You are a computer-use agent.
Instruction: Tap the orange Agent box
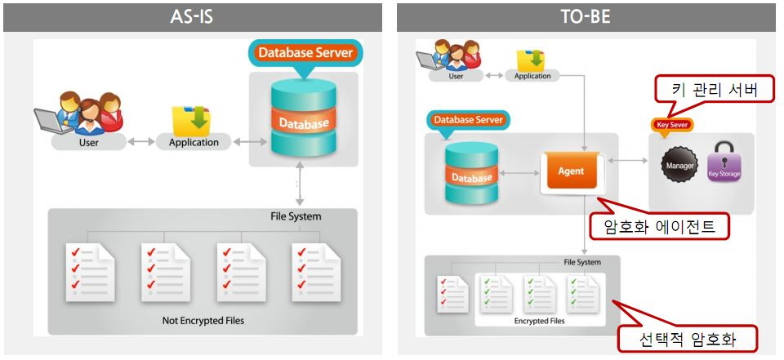coord(571,172)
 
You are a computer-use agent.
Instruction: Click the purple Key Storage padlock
coord(723,160)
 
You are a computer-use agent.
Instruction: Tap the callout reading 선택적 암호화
coord(688,337)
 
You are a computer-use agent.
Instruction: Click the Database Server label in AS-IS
coord(305,53)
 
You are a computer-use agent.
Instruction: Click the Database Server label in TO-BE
coord(468,119)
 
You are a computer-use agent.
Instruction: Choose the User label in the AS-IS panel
coord(88,142)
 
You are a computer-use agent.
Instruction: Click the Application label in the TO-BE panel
coord(532,76)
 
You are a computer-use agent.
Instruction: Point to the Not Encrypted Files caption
coord(203,321)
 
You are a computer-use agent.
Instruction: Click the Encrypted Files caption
coord(539,321)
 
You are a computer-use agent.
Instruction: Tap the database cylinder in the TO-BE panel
coord(471,174)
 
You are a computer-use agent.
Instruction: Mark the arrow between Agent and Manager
coord(627,161)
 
